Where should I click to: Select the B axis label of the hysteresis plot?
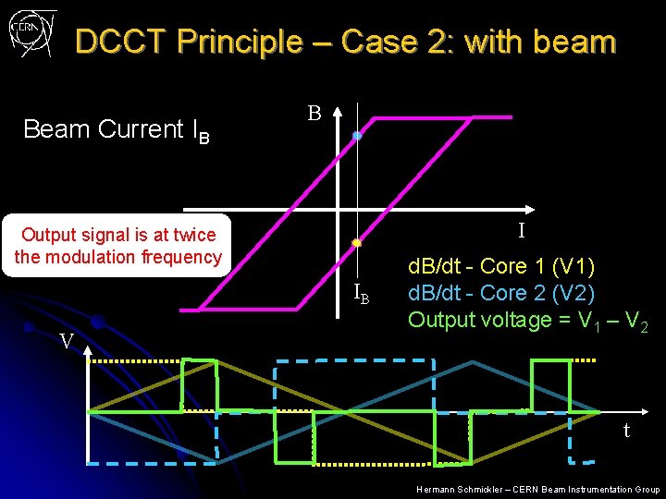[x=314, y=114]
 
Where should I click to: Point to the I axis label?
[x=521, y=230]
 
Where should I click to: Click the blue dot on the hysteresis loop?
[x=357, y=136]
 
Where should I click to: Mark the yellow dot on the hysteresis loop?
[x=356, y=243]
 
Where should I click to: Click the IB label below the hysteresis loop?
[x=362, y=296]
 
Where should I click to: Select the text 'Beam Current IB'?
[x=117, y=130]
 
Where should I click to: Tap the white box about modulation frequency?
[x=118, y=246]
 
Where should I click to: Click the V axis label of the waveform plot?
[x=67, y=341]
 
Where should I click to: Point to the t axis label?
[x=626, y=430]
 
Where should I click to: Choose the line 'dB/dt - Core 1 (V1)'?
[x=501, y=268]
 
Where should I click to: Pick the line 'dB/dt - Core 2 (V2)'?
[x=501, y=294]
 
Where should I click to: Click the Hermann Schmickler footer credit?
[x=537, y=489]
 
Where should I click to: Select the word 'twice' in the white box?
[x=194, y=236]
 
